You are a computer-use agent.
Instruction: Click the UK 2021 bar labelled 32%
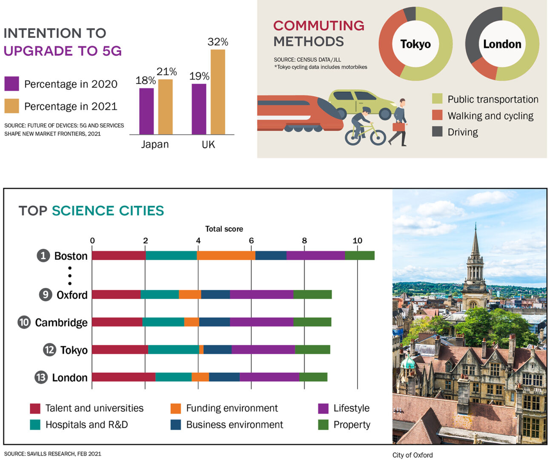click(218, 92)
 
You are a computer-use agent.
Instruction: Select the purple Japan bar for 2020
click(146, 111)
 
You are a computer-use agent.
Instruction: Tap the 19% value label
click(199, 76)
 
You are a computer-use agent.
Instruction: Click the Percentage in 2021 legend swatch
click(11, 106)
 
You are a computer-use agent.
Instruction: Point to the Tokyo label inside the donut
click(415, 44)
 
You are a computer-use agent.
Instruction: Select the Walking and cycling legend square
click(437, 115)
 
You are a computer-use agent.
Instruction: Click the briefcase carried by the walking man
click(398, 126)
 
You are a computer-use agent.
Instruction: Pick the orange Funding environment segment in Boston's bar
click(226, 256)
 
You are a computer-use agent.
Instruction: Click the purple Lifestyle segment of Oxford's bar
click(261, 294)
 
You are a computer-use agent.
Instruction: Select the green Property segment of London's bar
click(313, 377)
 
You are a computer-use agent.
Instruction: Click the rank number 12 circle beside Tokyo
click(49, 350)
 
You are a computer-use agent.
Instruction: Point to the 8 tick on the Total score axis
click(304, 241)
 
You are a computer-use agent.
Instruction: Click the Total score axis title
click(224, 229)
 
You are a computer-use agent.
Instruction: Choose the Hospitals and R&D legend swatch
click(35, 425)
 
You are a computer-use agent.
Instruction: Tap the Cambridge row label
click(61, 322)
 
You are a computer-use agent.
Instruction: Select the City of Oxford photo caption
click(412, 455)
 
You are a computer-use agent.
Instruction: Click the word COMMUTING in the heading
click(318, 26)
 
